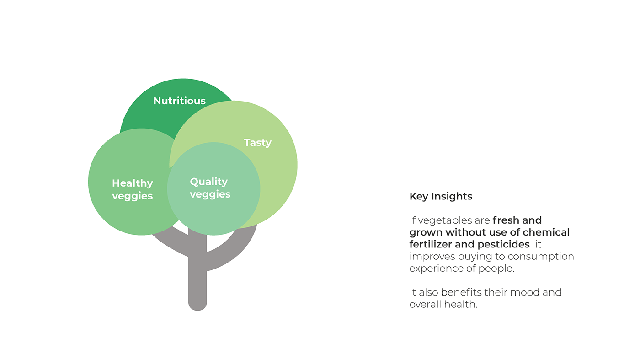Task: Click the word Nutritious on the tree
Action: pos(179,101)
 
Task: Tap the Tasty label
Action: pos(258,143)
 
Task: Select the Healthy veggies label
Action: pos(132,189)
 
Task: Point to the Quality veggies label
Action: pos(210,188)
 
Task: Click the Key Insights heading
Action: pos(441,197)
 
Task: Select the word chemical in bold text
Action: pos(546,232)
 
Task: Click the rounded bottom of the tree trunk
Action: pos(197,305)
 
